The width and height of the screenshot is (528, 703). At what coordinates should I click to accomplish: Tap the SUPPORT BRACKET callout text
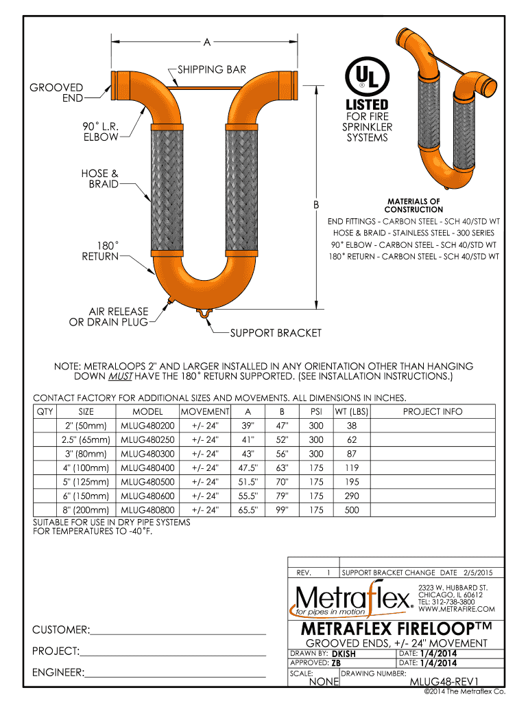[276, 333]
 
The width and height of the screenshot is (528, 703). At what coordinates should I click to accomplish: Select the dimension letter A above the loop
[206, 43]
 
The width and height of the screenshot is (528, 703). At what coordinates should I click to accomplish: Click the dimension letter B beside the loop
[317, 205]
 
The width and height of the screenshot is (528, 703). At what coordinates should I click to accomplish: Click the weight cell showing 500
[352, 510]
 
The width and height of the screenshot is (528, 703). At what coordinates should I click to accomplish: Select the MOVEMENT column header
[205, 412]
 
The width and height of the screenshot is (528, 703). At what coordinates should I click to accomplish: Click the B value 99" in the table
[280, 510]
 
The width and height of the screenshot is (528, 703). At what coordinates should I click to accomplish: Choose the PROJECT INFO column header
[432, 412]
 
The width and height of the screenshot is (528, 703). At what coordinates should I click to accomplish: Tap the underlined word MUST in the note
[121, 376]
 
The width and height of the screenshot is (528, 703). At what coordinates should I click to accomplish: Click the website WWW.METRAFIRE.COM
[456, 609]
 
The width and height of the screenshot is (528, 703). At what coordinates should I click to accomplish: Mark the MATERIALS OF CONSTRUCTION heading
[413, 205]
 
